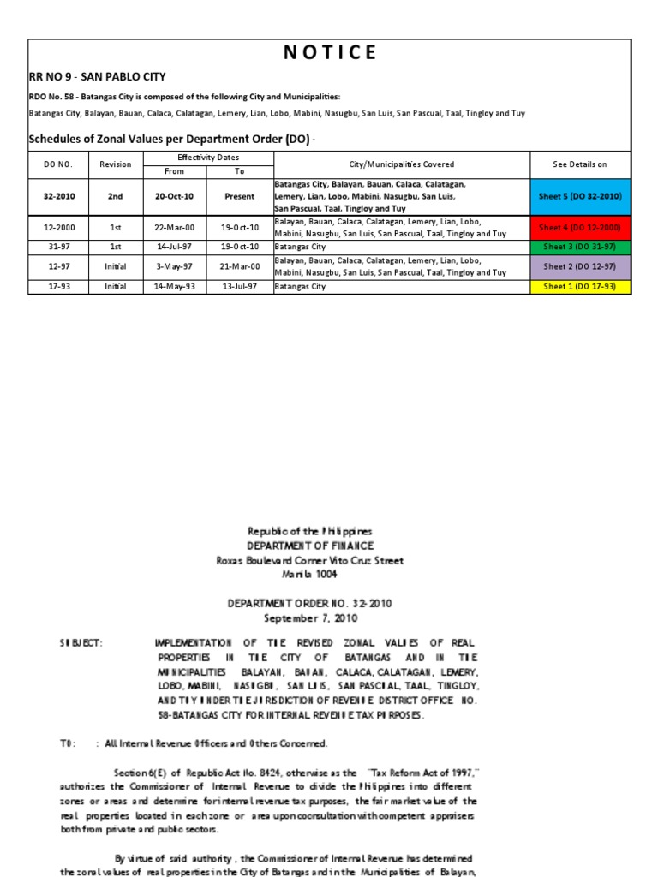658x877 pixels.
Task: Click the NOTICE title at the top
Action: pos(329,52)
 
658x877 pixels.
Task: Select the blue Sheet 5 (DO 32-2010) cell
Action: pos(580,196)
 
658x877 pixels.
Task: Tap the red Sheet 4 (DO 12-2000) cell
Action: pos(580,227)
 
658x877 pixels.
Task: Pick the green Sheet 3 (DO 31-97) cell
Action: pos(580,247)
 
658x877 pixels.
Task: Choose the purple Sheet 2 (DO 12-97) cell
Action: pos(580,266)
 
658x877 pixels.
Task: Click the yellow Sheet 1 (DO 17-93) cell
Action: pos(580,287)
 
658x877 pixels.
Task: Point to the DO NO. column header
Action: pos(59,164)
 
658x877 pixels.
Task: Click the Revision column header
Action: pos(116,164)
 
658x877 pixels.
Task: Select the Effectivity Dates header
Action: pos(208,158)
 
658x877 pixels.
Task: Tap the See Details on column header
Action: pos(580,164)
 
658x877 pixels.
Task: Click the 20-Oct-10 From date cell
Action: pos(174,196)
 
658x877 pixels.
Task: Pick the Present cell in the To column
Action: pos(240,196)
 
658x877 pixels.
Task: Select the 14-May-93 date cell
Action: pos(174,287)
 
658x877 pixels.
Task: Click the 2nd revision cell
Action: pos(116,196)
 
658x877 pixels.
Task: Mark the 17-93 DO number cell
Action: pos(59,287)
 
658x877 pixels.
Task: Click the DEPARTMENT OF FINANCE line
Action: pos(310,546)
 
